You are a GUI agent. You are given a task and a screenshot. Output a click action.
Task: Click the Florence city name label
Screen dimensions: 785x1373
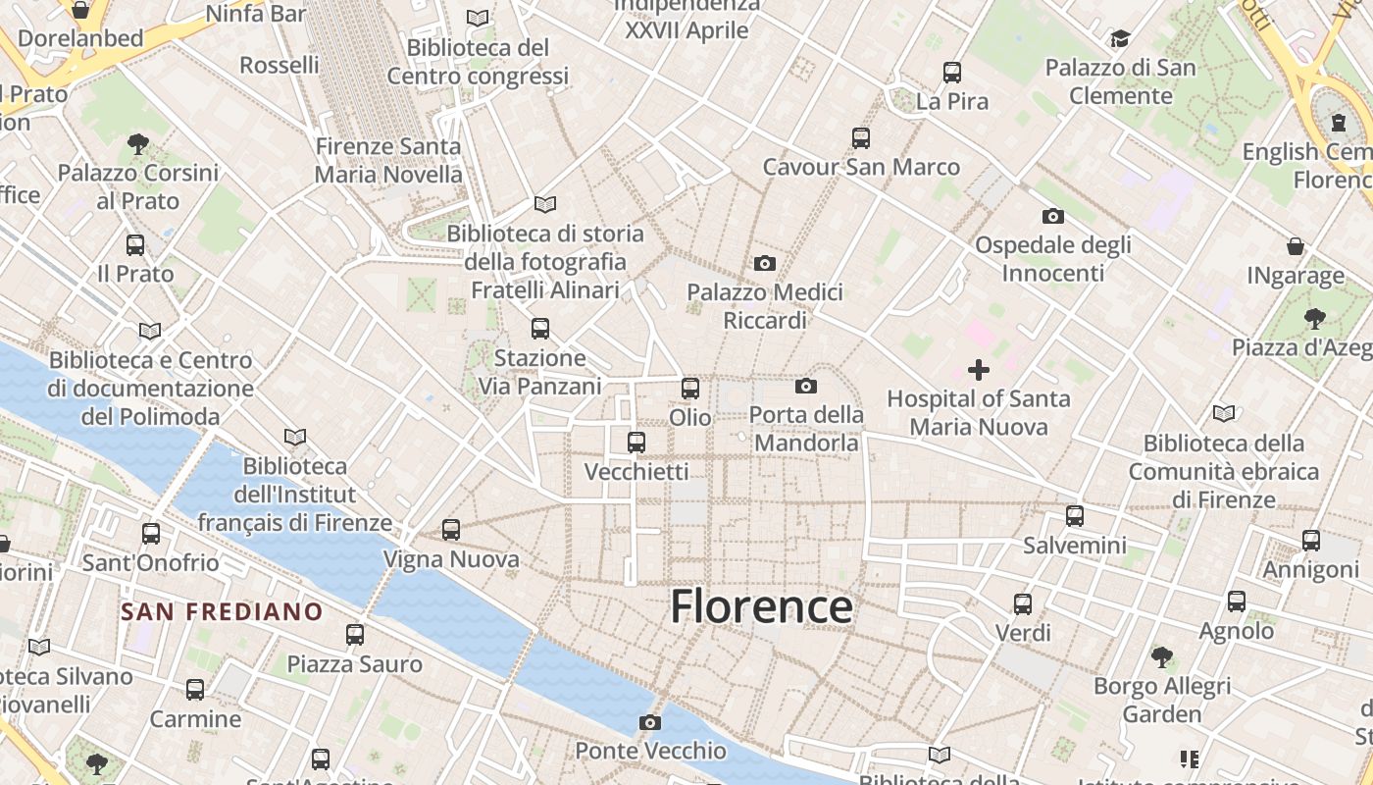coord(761,607)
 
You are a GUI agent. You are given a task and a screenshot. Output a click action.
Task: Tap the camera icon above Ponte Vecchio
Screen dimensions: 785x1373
coord(649,723)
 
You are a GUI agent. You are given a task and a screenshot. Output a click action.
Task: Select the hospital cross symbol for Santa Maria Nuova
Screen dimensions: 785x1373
coord(978,370)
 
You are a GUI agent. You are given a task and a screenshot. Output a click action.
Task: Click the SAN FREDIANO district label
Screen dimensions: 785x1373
coord(222,611)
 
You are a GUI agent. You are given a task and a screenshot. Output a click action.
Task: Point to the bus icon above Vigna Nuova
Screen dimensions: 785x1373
coord(451,530)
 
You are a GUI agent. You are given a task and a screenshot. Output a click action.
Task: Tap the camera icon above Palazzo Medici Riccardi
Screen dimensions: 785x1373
coord(765,263)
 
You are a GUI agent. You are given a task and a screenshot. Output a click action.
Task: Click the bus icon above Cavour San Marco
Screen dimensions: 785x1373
coord(861,138)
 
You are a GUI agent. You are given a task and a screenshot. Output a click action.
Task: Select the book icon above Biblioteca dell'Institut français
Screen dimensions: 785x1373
coord(295,437)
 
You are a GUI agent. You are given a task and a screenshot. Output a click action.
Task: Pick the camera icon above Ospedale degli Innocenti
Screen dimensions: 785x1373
coord(1052,216)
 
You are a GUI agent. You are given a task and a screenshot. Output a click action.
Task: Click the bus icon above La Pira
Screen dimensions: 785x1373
coord(951,73)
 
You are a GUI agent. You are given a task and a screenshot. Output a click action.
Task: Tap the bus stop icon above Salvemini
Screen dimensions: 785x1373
coord(1075,516)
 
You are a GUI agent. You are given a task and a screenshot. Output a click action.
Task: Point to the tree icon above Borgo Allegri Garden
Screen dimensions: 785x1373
coord(1162,656)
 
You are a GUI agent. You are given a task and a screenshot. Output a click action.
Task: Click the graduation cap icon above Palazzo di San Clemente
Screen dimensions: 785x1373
coord(1120,39)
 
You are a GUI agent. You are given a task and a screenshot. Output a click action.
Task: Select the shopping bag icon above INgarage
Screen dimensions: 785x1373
coord(1296,246)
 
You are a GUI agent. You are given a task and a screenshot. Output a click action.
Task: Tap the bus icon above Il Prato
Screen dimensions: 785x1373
coord(135,245)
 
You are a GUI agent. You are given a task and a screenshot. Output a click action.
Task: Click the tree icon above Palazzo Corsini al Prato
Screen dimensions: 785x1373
coord(138,144)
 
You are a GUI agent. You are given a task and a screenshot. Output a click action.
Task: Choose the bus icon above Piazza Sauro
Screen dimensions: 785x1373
coord(355,635)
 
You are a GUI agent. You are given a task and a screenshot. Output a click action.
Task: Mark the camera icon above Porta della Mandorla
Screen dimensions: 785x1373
coord(806,386)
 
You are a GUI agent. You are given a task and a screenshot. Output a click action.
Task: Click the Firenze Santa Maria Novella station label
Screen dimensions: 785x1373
coord(388,160)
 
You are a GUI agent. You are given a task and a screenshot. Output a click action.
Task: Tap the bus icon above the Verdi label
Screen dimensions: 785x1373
coord(1023,604)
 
